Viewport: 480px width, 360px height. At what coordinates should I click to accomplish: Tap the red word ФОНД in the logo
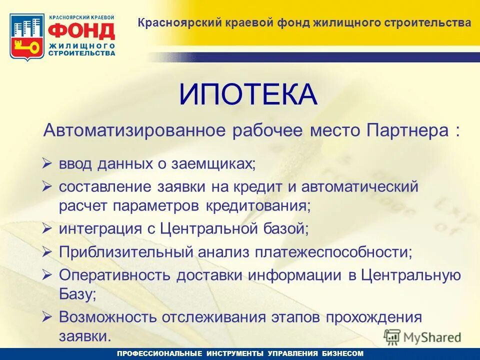81,31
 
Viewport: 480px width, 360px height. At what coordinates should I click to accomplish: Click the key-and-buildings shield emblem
27,36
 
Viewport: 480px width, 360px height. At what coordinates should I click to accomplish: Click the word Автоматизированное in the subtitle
135,130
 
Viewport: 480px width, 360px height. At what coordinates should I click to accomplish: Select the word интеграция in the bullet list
103,228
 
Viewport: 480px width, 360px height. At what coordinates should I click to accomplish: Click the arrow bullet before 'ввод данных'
47,163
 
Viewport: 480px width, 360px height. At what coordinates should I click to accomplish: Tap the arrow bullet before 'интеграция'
47,228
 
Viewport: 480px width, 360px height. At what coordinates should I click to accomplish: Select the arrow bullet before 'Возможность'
47,316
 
